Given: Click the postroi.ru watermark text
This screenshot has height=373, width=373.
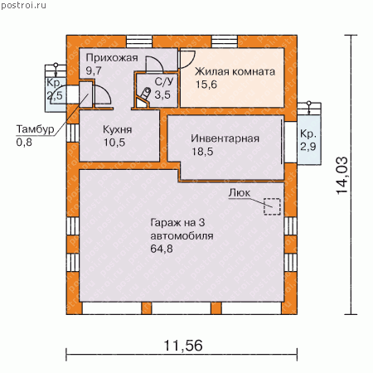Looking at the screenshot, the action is point(23,6).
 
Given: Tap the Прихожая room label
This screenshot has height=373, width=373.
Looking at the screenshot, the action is point(112,58).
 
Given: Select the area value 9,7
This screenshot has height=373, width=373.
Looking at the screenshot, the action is point(94,70).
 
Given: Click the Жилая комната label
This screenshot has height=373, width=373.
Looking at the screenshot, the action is point(235,71).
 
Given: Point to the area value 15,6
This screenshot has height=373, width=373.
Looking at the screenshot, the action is point(206,85).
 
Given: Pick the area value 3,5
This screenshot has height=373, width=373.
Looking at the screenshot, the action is point(162,94).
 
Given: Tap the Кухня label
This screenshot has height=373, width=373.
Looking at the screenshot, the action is point(118,129).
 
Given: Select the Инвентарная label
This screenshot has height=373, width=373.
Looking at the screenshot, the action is point(225,138).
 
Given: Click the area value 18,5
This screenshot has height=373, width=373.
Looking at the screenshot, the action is point(202,152).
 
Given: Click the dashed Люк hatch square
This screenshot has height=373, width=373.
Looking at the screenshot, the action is point(272,206).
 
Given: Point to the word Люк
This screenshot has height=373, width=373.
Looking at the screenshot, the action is point(240,193).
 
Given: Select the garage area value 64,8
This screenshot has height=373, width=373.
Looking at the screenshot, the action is point(162,249).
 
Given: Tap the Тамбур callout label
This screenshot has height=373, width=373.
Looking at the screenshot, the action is point(35,129).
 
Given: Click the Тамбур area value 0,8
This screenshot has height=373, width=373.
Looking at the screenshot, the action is point(24,143).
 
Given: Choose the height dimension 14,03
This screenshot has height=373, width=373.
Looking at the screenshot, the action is point(342,176).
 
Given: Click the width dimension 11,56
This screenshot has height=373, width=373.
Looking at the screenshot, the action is point(183,346).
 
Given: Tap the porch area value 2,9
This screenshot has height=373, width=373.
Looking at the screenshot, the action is point(308,147).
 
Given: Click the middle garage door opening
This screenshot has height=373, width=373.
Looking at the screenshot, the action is point(182,308).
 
